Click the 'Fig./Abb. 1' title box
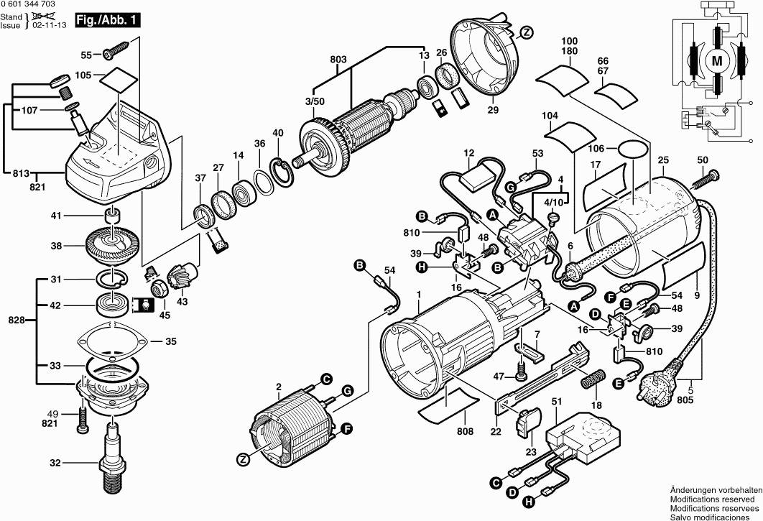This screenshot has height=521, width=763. [x=107, y=22]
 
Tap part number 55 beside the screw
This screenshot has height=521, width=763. [x=86, y=55]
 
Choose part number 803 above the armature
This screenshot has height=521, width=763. [x=338, y=60]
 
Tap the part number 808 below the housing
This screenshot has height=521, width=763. [x=465, y=432]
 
